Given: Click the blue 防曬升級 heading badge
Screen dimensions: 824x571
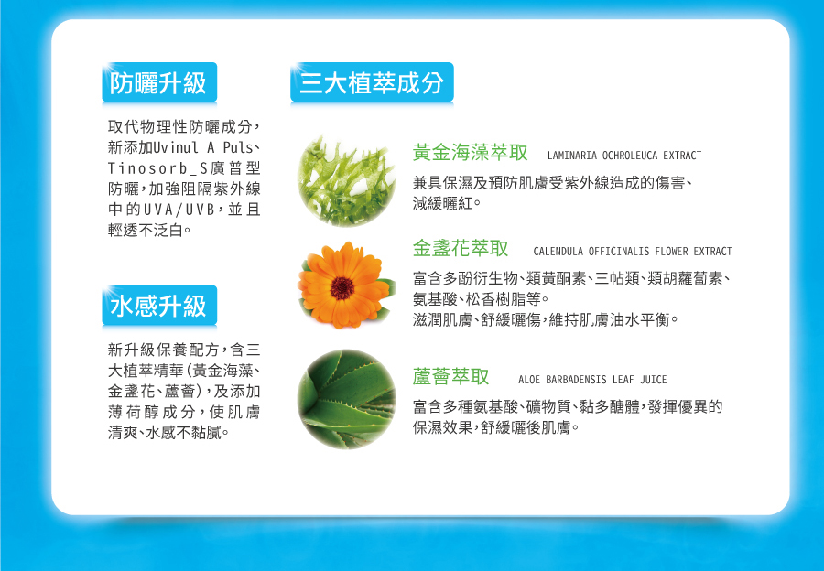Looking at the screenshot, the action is coord(159,82).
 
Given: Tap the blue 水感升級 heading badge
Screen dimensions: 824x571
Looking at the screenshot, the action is coord(159,306).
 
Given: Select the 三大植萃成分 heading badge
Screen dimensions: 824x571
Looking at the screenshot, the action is coord(372,82).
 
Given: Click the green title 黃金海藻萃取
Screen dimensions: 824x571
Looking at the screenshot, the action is coord(470,152).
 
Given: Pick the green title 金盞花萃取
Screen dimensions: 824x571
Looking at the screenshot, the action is coord(461,248).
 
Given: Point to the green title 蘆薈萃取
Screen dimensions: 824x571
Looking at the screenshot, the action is coord(450,377).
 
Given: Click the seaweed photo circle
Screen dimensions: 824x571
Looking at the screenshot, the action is coord(346,180).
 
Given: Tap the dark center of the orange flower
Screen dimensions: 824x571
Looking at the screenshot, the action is coord(342,287).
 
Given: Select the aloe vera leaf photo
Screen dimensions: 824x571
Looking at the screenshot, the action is coord(346,399).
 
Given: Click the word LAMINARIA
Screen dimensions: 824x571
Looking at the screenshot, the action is coord(572,156).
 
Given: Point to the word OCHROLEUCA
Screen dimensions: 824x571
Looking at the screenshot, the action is coord(630,156).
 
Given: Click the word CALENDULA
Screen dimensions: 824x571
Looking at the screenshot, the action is coord(558,251).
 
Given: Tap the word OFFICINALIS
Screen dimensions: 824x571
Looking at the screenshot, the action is coord(619,251).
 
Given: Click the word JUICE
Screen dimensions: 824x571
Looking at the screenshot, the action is coord(653,379).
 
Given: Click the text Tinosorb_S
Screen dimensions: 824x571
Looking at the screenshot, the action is coord(158,168).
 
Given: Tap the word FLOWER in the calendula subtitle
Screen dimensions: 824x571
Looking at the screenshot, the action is coord(672,251).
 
